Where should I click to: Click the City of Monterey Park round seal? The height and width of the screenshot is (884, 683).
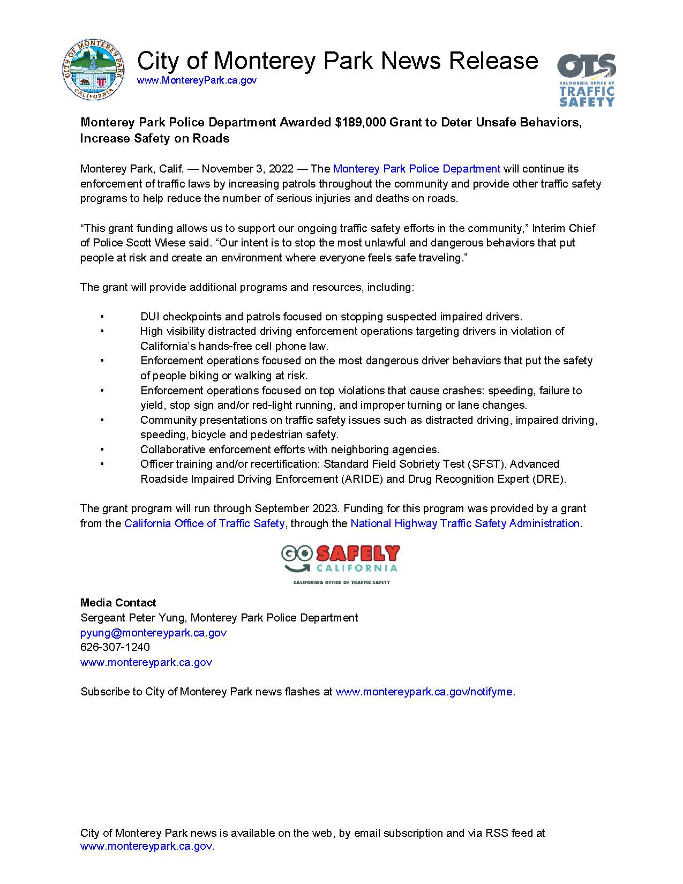(x=94, y=70)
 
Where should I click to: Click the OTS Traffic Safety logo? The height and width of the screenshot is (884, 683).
(x=586, y=80)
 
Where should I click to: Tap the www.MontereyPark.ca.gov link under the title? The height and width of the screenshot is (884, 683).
(x=197, y=80)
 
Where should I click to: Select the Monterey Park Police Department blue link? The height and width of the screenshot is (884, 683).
(x=416, y=169)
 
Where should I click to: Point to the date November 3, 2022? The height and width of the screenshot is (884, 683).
(x=247, y=169)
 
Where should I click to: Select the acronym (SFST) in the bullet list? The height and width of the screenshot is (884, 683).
(x=485, y=464)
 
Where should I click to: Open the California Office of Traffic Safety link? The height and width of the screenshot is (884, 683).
(x=204, y=523)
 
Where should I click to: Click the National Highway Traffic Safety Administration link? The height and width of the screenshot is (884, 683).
(x=465, y=523)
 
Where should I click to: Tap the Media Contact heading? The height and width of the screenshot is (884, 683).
(x=118, y=603)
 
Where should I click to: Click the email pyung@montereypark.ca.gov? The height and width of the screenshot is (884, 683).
(x=153, y=633)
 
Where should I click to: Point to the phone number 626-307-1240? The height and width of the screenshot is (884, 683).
(x=115, y=647)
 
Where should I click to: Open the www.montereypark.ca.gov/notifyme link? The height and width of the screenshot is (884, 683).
(x=424, y=692)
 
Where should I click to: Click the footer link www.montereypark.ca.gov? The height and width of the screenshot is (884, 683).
(x=146, y=846)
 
